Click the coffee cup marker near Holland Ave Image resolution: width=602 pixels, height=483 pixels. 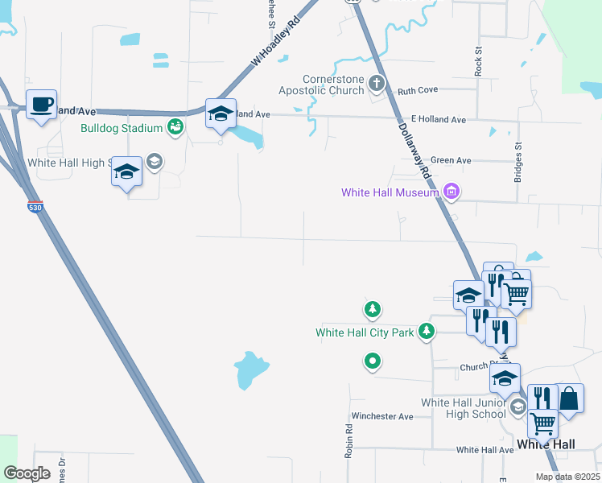tap(41, 105)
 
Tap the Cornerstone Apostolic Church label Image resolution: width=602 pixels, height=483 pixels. tap(333, 85)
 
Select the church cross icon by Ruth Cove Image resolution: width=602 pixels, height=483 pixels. tap(376, 83)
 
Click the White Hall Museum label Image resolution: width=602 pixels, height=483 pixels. tap(390, 192)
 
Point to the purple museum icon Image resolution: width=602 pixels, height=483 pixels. tap(451, 192)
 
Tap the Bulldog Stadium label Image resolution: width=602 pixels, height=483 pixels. tap(122, 128)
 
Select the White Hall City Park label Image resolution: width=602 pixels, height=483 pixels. tap(365, 332)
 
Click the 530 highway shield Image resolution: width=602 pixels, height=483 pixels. tap(33, 208)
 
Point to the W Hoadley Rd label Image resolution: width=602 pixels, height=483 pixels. tap(274, 43)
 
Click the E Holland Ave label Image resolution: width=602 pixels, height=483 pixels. tap(439, 119)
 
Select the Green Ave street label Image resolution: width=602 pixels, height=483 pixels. tap(451, 160)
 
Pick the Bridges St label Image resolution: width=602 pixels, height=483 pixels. tap(518, 161)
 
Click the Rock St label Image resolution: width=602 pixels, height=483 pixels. tap(478, 61)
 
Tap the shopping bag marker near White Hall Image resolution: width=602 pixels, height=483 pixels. tap(569, 399)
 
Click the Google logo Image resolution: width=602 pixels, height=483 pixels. tap(27, 473)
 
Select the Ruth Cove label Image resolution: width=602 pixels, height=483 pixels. tap(416, 91)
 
